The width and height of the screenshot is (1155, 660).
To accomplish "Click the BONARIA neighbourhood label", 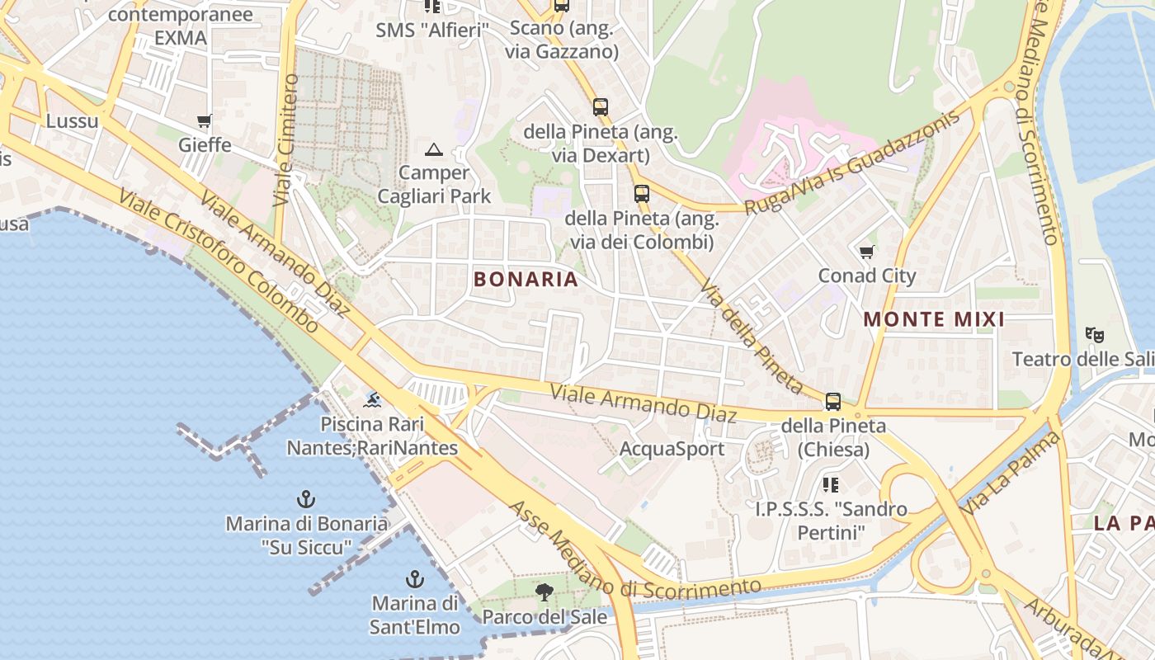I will pyautogui.click(x=526, y=279).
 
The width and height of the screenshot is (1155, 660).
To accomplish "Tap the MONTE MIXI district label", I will pyautogui.click(x=934, y=319).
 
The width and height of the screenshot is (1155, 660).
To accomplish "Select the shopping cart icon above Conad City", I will pyautogui.click(x=866, y=252).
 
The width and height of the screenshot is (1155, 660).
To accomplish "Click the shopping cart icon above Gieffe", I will pyautogui.click(x=204, y=121).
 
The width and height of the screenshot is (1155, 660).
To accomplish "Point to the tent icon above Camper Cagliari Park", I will pyautogui.click(x=433, y=149).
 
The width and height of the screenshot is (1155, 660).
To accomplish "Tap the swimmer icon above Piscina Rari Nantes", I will pyautogui.click(x=373, y=401).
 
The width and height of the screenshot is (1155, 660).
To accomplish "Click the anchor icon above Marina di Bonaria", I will pyautogui.click(x=306, y=499).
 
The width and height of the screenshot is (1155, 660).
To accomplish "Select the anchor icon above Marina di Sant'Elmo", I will pyautogui.click(x=414, y=578).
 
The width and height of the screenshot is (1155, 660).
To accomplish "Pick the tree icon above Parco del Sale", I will pyautogui.click(x=544, y=592).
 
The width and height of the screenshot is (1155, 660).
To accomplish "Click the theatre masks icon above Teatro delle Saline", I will pyautogui.click(x=1095, y=335).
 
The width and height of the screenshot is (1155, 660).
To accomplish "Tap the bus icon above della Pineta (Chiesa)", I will pyautogui.click(x=833, y=402).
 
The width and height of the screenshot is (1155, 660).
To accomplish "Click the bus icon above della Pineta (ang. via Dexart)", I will pyautogui.click(x=600, y=106).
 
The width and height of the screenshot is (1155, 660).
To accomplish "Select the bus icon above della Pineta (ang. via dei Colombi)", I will pyautogui.click(x=641, y=194).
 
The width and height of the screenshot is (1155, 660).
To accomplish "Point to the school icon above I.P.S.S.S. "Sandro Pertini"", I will pyautogui.click(x=831, y=484).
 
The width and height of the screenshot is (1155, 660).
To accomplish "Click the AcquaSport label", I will pyautogui.click(x=672, y=449).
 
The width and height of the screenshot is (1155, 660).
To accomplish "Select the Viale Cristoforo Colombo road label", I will pyautogui.click(x=218, y=260).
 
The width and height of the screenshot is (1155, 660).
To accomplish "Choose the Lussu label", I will pyautogui.click(x=72, y=121).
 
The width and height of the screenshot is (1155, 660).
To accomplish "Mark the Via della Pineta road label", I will pyautogui.click(x=751, y=338).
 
